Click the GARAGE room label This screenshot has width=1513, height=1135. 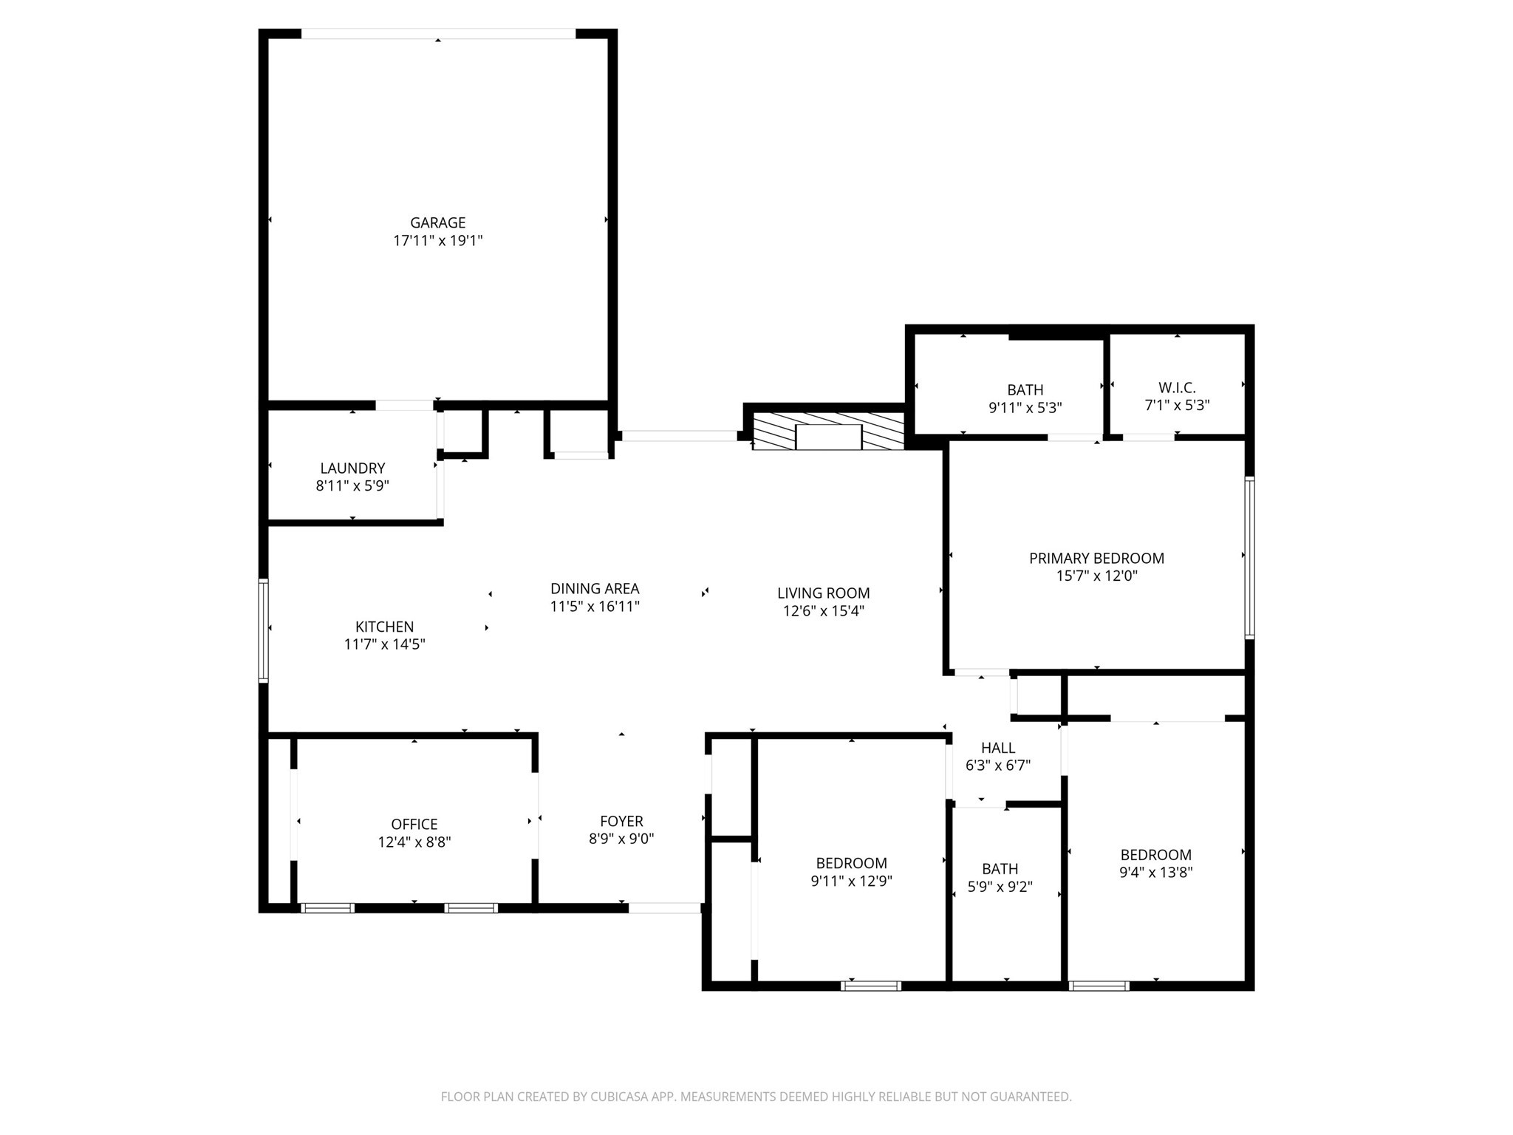437,222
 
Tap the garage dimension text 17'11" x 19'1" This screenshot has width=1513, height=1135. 437,241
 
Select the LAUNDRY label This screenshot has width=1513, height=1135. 352,468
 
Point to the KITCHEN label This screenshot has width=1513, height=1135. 384,627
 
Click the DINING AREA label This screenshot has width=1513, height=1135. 595,588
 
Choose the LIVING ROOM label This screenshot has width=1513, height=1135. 823,593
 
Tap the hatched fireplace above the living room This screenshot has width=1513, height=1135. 828,432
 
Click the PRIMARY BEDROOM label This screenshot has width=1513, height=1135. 1096,558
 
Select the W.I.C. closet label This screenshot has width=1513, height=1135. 1177,387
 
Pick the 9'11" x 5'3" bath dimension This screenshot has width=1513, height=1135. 1025,407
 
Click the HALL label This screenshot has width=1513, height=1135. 998,748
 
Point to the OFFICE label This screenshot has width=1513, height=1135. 414,824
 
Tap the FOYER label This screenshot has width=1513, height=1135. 621,821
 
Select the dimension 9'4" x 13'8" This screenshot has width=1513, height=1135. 1155,872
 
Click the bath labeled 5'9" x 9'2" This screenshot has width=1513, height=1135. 1000,869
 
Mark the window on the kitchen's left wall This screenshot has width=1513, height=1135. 263,630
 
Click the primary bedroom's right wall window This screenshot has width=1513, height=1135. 1249,557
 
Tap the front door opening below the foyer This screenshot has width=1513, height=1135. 664,908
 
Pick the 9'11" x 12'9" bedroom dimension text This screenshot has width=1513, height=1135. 851,881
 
